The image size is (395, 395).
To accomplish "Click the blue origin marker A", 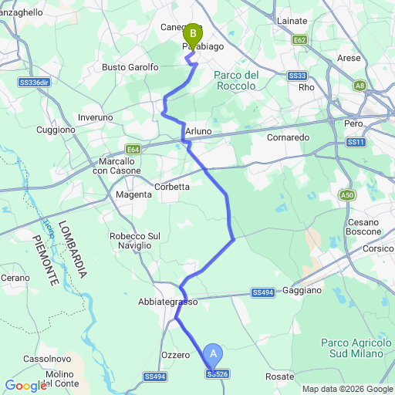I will [x=214, y=356].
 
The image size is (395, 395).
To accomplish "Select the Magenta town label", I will [x=133, y=194].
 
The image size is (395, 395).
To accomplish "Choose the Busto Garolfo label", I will [x=130, y=67].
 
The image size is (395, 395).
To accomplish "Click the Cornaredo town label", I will [x=288, y=137].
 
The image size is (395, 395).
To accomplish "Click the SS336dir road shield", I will [x=33, y=82].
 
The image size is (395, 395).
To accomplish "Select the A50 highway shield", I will [x=346, y=196].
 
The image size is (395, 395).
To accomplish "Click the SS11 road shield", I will [x=355, y=142].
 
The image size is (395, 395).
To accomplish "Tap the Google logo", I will [x=25, y=386].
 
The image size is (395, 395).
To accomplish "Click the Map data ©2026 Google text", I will [x=346, y=389].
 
